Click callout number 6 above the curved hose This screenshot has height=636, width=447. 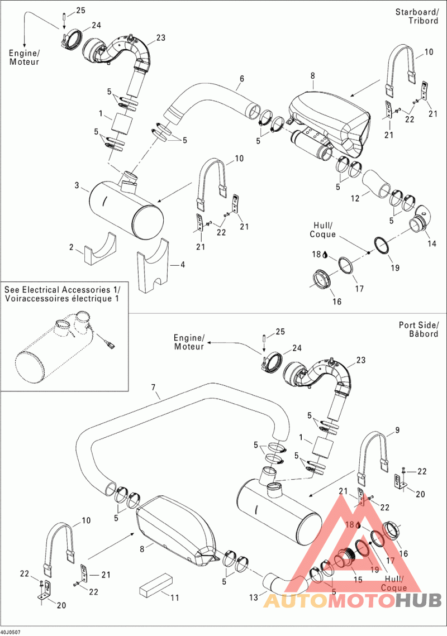point(241,79)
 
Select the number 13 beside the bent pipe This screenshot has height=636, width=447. point(254,597)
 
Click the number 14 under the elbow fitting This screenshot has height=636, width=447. point(431,243)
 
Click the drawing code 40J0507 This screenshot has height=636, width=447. point(12,632)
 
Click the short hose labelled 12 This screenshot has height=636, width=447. point(378,184)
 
